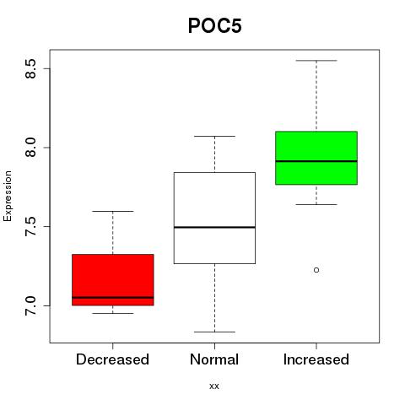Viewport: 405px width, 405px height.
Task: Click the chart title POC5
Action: click(x=215, y=25)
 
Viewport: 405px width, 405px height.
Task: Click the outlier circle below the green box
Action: click(x=316, y=270)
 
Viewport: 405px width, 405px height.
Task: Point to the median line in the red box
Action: click(x=113, y=297)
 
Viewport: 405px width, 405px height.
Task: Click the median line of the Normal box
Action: click(x=214, y=227)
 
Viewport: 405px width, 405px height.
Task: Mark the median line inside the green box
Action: click(x=316, y=161)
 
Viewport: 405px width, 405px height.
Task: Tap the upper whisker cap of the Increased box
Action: click(x=316, y=61)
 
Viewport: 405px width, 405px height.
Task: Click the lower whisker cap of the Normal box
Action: click(x=214, y=332)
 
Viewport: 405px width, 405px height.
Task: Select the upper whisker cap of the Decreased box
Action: click(x=113, y=211)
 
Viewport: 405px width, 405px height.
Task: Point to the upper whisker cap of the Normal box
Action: click(x=214, y=136)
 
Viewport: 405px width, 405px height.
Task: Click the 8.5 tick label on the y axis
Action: click(x=30, y=68)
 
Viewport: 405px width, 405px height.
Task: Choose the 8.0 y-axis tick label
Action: click(x=30, y=148)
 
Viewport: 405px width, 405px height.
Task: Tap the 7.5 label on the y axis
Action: click(x=30, y=226)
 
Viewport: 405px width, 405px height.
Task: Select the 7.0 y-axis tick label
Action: click(x=30, y=305)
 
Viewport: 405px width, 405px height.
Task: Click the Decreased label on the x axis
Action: click(x=112, y=359)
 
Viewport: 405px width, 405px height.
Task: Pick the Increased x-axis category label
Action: click(x=316, y=359)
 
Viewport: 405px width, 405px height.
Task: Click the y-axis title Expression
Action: click(x=8, y=196)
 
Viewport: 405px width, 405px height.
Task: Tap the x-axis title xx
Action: click(x=214, y=386)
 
